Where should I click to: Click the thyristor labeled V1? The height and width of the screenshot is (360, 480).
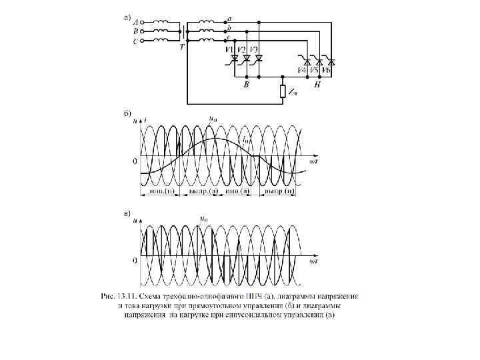point(235,59)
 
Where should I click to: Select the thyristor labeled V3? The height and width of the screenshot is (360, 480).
point(259,59)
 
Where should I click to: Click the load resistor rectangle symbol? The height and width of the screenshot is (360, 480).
point(283,91)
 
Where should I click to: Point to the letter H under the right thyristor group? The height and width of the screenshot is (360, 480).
point(317,85)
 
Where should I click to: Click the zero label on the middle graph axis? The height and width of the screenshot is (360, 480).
point(135,161)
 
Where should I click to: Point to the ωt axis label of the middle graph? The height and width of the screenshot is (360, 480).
point(312,161)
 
